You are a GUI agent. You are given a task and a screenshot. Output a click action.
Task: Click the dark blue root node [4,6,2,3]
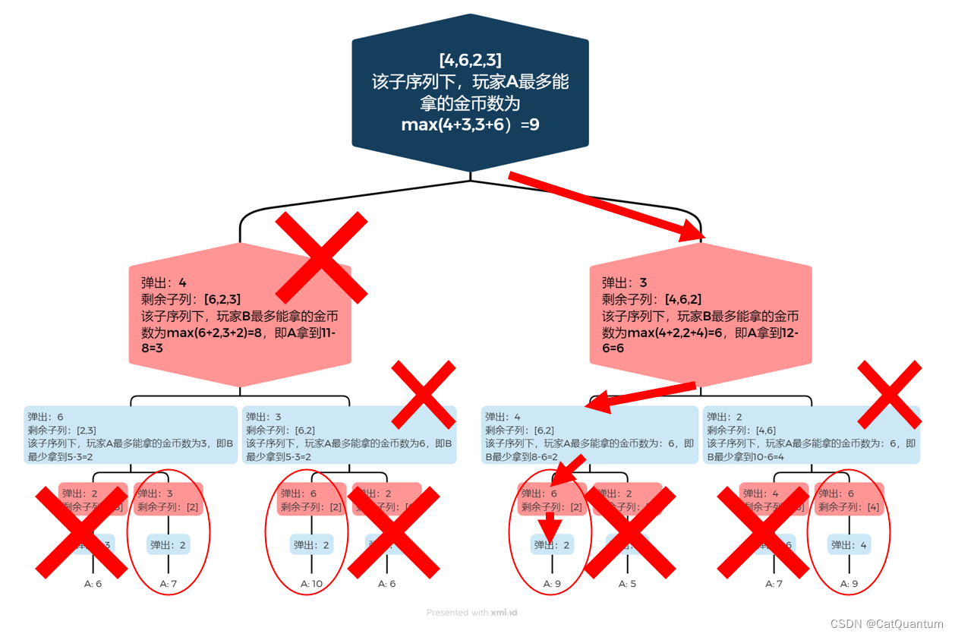[470, 91]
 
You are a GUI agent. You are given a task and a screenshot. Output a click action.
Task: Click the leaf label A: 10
[312, 584]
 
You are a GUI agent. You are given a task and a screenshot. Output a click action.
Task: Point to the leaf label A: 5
[627, 584]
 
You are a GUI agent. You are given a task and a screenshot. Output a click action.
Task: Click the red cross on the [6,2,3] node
[321, 257]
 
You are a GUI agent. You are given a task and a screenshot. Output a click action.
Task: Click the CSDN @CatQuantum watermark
[886, 623]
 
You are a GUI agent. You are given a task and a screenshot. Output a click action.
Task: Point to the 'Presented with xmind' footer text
[471, 612]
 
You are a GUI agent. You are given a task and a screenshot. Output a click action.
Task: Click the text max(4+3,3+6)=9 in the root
[470, 125]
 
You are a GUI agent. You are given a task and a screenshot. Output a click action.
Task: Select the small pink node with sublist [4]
[849, 500]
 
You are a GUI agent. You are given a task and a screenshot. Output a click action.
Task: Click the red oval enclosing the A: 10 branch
[306, 533]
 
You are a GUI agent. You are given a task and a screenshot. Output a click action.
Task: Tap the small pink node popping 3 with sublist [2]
[169, 500]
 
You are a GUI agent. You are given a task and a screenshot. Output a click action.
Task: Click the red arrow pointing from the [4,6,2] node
[641, 397]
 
